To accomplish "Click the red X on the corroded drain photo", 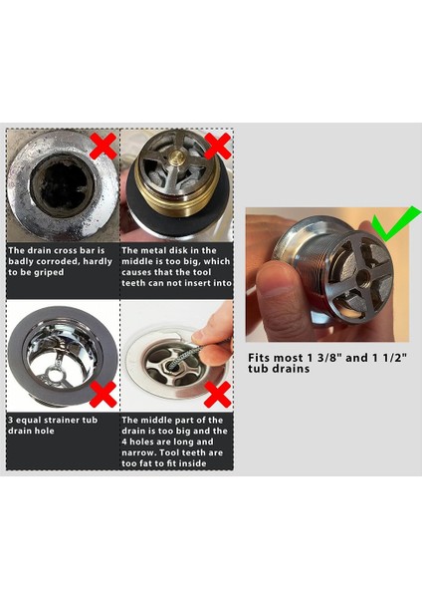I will tap(102, 147).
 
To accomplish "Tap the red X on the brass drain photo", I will tap(218, 148).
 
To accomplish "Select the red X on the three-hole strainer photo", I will tap(102, 397).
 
